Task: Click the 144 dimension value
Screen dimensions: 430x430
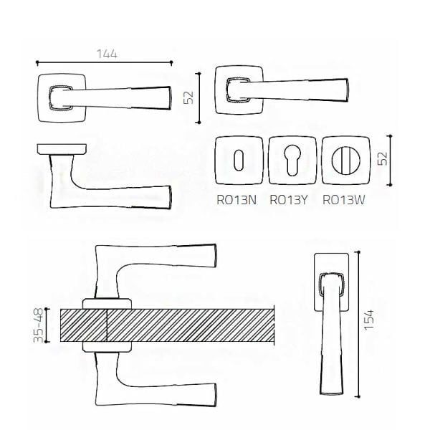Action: point(107,54)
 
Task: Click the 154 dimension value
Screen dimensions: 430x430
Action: point(369,320)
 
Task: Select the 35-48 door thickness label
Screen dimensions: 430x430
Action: point(38,325)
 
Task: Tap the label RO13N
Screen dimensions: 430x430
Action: point(236,200)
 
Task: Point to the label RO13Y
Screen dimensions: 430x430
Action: point(289,200)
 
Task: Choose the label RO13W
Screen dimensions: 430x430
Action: point(343,200)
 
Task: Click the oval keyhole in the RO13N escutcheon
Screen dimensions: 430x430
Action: point(239,160)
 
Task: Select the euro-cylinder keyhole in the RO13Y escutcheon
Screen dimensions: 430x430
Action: point(292,160)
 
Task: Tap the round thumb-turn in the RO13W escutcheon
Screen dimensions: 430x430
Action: point(345,160)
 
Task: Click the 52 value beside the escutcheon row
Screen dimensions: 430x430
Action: point(383,158)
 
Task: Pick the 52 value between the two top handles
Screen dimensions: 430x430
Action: point(188,97)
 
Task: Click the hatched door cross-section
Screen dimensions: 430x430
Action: point(167,325)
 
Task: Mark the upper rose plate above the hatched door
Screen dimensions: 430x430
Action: point(107,304)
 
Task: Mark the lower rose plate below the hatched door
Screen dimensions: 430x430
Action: point(107,347)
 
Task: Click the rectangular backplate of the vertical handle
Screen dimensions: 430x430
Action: point(331,282)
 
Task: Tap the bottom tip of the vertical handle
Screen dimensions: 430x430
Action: point(332,394)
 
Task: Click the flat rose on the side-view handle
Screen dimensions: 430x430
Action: point(62,149)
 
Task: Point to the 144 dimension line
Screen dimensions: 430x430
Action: point(104,63)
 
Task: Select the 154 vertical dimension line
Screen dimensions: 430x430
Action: point(358,324)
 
